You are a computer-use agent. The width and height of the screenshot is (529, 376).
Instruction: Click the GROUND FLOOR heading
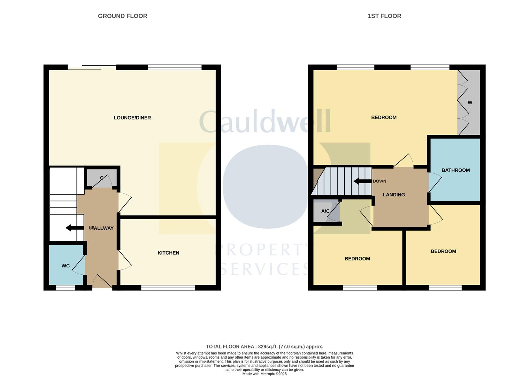(122, 16)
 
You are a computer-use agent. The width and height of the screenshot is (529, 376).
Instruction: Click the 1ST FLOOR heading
(384, 16)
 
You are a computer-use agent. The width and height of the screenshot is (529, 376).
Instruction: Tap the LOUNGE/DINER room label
(132, 118)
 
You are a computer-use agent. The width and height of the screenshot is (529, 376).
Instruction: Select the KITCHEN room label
(168, 253)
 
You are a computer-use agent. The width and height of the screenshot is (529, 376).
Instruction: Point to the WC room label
(66, 266)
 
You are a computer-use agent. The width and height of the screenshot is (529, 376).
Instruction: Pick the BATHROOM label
(455, 170)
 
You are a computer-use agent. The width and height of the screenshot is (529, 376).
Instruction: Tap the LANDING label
(394, 195)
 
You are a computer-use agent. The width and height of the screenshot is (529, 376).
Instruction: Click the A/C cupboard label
(325, 211)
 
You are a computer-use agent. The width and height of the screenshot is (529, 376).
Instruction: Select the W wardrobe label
(470, 102)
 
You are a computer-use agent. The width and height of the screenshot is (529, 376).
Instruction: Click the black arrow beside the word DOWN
(362, 181)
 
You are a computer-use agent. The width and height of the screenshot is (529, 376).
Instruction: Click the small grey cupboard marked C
(101, 178)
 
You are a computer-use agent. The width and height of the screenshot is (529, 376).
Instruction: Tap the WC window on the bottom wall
(66, 288)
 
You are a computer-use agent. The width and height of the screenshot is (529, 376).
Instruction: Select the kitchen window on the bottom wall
(168, 288)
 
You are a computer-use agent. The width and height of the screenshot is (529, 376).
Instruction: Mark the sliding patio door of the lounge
(92, 67)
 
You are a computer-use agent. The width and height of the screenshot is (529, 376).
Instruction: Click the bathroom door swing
(434, 182)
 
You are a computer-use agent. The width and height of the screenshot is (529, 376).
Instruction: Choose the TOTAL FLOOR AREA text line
(264, 346)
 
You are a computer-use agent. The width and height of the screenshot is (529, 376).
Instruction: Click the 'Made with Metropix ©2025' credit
(264, 374)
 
